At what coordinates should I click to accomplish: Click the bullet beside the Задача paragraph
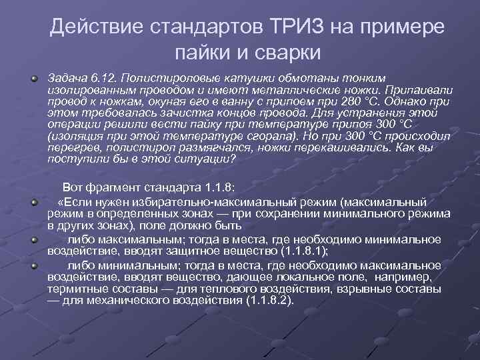[33, 78]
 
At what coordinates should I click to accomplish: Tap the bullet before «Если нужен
[33, 201]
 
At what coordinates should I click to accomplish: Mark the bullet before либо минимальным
[33, 265]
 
